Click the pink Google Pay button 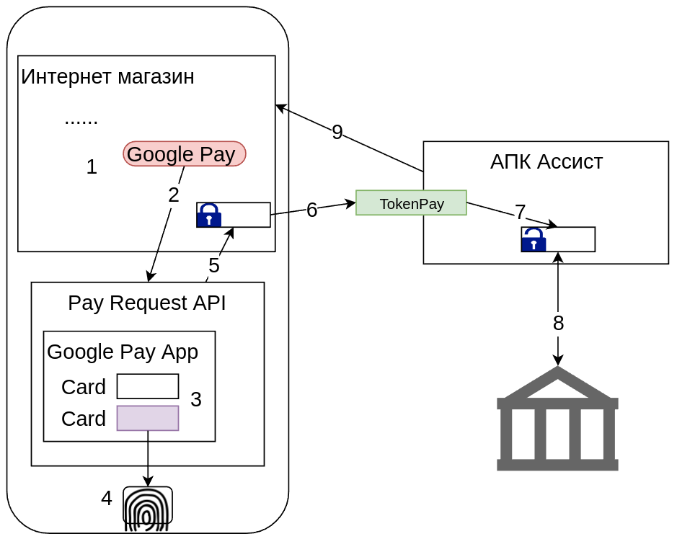(185, 153)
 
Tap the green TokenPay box (411, 203)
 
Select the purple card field (148, 418)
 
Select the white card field (148, 386)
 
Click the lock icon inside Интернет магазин (209, 215)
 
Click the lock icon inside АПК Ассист (534, 239)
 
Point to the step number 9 (337, 132)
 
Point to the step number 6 (311, 210)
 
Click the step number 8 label (558, 324)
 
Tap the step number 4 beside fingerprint (107, 498)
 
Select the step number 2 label (173, 195)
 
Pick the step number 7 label (520, 212)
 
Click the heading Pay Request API (147, 303)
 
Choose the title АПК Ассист (546, 161)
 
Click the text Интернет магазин (107, 76)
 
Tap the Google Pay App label (123, 352)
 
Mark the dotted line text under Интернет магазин (81, 120)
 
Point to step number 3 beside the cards (196, 399)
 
